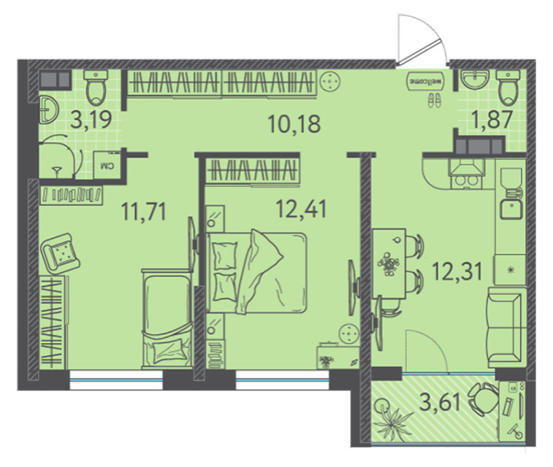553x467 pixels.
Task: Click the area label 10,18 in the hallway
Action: (294, 124)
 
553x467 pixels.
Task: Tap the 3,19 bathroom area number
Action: (91, 119)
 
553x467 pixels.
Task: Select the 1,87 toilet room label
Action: (492, 119)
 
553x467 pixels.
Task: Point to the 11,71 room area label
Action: (143, 211)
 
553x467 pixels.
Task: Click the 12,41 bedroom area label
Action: (302, 209)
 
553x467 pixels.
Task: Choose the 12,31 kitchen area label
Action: (457, 272)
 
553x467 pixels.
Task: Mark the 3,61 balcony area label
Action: (440, 402)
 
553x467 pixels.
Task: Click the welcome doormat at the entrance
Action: (426, 81)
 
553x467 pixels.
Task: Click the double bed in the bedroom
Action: (256, 272)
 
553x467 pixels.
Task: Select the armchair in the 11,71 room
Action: (61, 254)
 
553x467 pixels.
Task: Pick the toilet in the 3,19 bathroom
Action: (96, 88)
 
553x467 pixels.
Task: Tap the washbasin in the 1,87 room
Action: (476, 80)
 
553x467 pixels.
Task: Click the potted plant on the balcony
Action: (391, 418)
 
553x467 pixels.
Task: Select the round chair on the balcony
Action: (484, 399)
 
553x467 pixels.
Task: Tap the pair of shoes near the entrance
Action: (434, 100)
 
